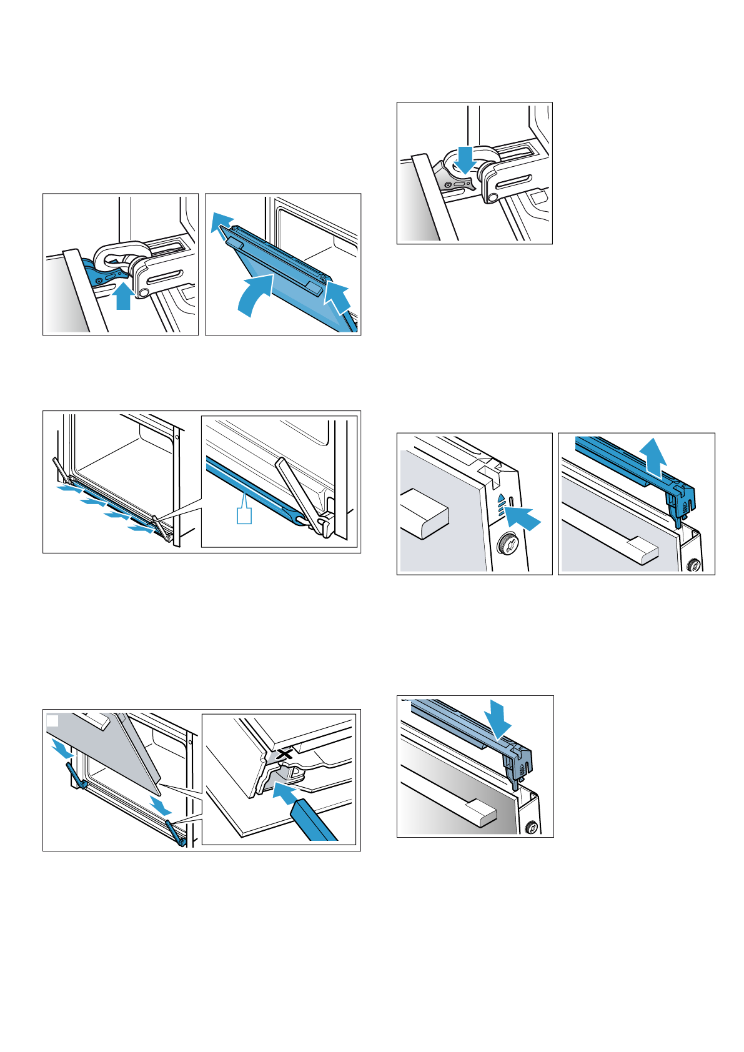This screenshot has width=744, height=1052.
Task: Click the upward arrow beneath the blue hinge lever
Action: tap(124, 297)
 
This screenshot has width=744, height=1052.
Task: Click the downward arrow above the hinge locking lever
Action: tap(465, 159)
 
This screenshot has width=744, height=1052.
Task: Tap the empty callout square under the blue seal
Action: tap(244, 515)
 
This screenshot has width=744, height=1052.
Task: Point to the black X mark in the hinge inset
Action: tap(285, 754)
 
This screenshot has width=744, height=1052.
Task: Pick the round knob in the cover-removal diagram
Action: tap(693, 566)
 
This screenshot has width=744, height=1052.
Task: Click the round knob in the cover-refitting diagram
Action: tap(531, 828)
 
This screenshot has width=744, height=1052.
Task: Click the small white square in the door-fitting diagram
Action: tap(53, 721)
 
